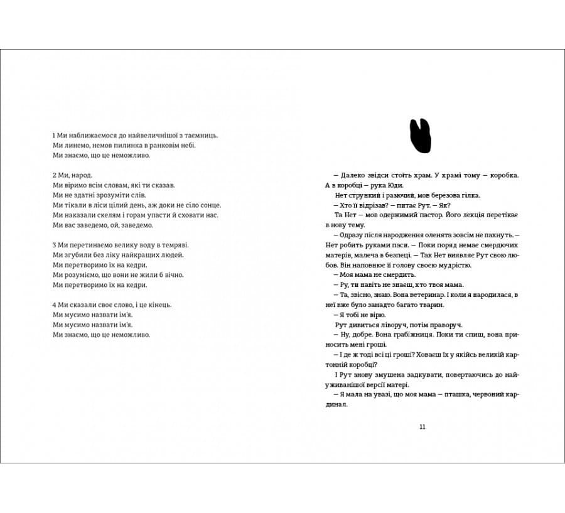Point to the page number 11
[422, 427]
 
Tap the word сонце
[210, 205]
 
